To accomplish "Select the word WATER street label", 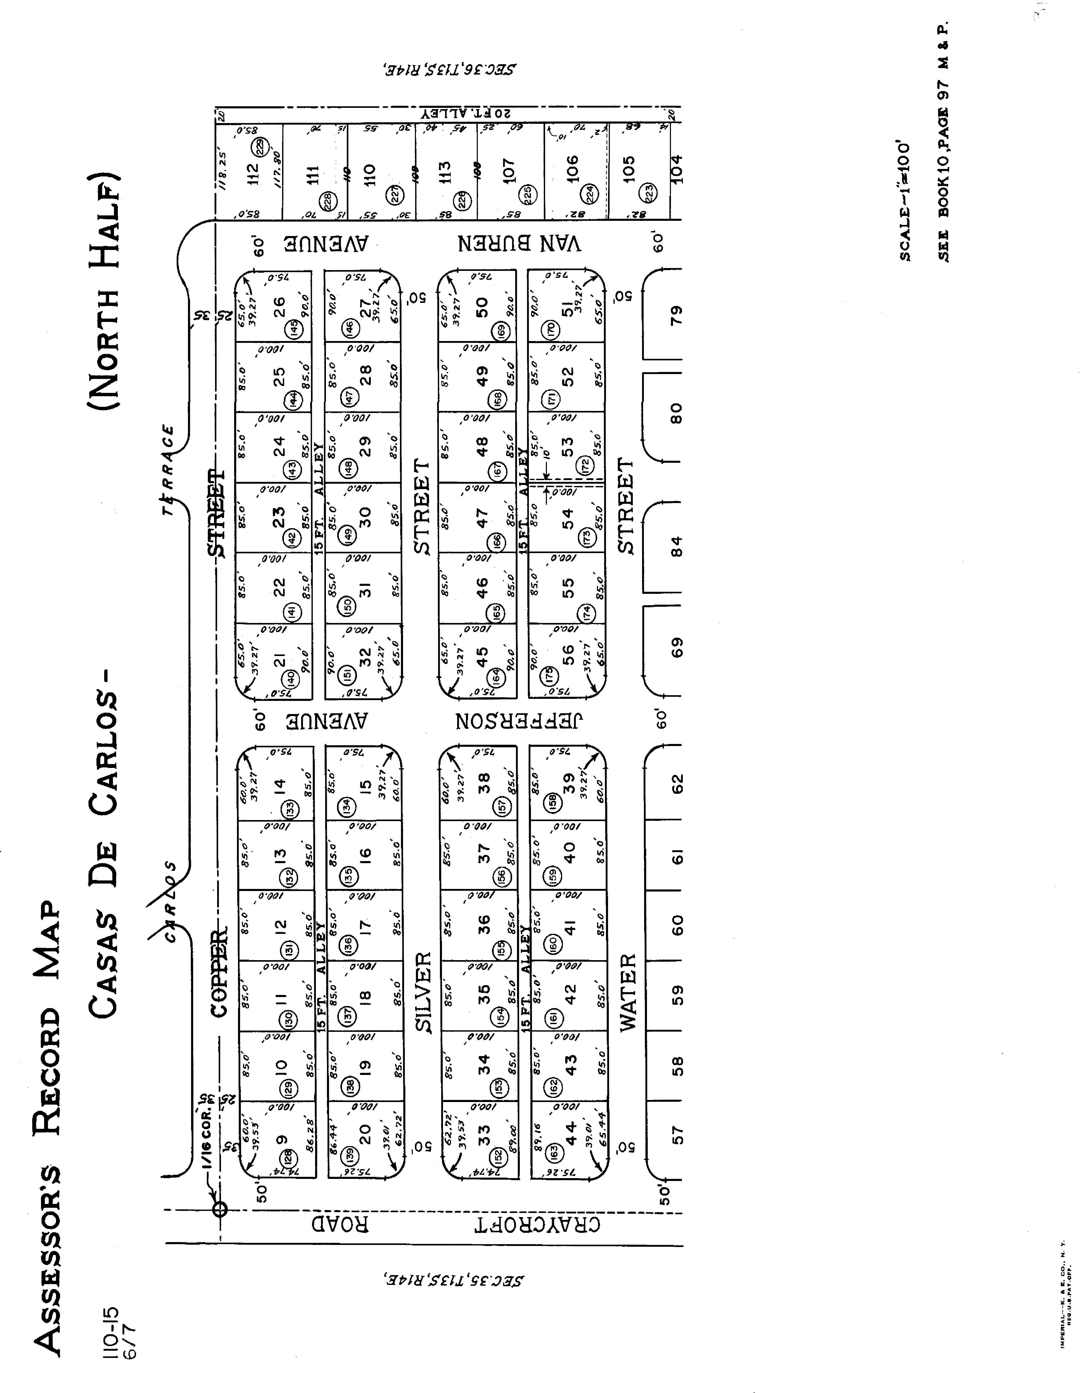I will click(x=628, y=992).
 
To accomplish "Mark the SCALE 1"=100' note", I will click(x=905, y=201).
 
